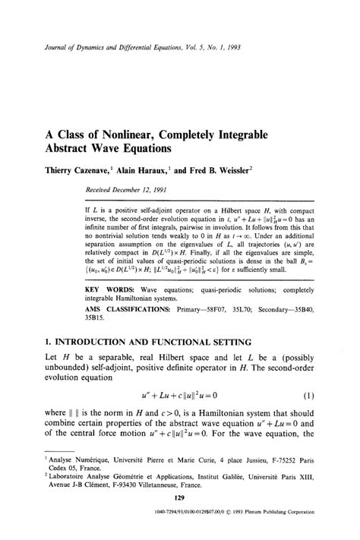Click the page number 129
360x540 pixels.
[180, 499]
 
